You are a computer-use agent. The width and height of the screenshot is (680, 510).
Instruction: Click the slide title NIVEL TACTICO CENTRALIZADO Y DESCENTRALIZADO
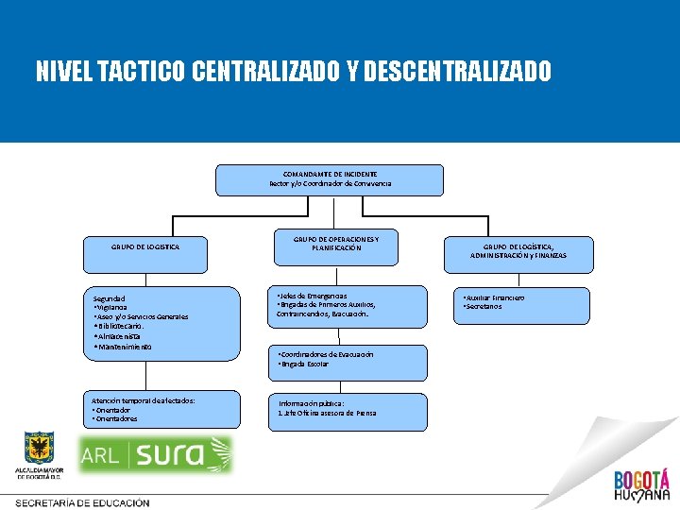294,72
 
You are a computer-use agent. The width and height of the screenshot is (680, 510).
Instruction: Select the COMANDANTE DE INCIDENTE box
330,179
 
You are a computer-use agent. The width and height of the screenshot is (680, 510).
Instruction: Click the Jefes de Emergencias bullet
313,296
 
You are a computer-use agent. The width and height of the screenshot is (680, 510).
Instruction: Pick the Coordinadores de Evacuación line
326,354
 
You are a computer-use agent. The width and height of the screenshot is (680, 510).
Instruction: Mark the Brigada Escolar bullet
303,364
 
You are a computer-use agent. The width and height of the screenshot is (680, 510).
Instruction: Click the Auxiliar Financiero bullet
494,297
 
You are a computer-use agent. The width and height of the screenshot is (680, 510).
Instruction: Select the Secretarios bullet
483,307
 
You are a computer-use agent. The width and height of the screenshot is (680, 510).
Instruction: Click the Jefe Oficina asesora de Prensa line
327,413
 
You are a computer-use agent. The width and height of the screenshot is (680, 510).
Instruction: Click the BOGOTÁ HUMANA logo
641,484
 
